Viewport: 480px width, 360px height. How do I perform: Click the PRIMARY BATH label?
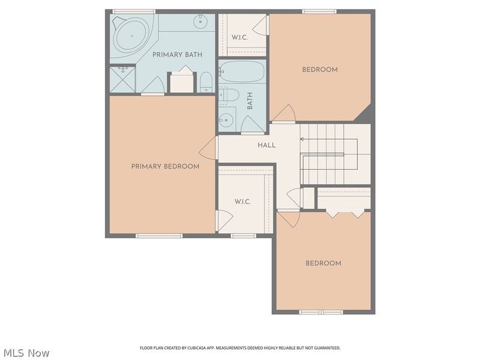(177, 55)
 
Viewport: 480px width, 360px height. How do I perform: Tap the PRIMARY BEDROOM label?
(166, 167)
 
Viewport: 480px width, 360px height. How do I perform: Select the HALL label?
(266, 145)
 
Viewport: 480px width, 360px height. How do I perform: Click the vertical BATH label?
(250, 101)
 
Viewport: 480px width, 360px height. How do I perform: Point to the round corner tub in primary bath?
(132, 36)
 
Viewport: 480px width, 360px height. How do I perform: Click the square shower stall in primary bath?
(122, 80)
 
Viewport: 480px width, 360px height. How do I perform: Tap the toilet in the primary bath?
(206, 82)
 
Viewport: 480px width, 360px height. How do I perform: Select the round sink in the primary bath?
(200, 22)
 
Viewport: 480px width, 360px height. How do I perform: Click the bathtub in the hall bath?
(242, 71)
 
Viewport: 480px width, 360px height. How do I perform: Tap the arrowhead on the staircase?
(302, 139)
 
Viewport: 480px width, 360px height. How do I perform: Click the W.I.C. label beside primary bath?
(239, 38)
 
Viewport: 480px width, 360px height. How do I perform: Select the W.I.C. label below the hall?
(243, 202)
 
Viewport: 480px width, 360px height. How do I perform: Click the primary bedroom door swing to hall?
(207, 148)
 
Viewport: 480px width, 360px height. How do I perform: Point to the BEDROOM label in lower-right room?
(323, 263)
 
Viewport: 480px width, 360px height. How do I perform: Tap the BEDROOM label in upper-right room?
(320, 70)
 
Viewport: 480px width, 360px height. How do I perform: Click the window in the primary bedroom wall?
(159, 236)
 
